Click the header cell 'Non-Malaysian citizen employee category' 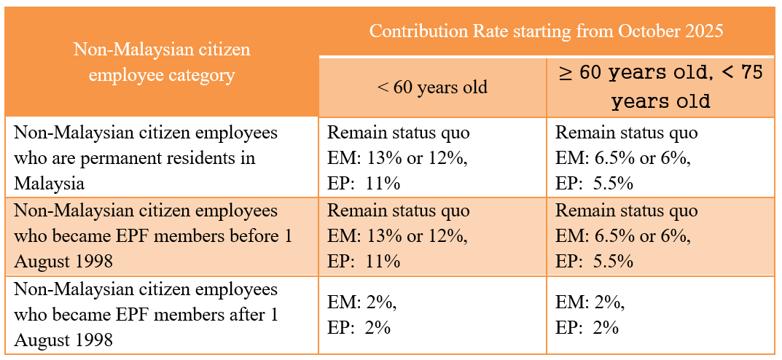click(162, 62)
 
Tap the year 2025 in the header click(703, 31)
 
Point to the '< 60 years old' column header click(432, 87)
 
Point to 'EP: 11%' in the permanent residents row click(364, 182)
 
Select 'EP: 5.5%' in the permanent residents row click(594, 182)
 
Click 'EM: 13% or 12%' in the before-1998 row click(397, 235)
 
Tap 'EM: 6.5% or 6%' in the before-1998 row click(622, 235)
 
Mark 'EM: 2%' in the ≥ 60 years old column click(590, 302)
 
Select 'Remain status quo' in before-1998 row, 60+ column click(626, 211)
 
